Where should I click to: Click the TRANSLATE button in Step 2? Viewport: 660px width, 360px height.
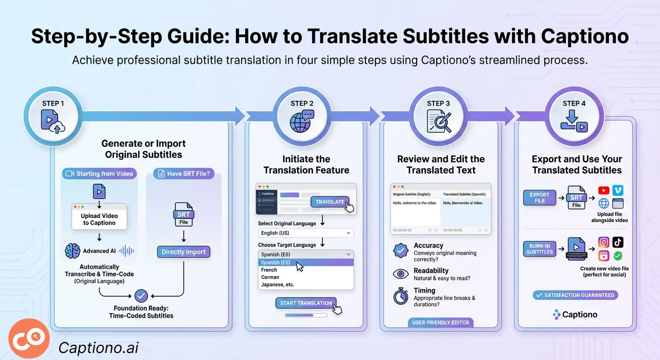(x=330, y=202)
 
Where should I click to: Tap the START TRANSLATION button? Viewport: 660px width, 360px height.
(x=306, y=303)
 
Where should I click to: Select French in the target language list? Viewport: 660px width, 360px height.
(x=269, y=270)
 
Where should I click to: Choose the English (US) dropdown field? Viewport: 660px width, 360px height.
(x=306, y=233)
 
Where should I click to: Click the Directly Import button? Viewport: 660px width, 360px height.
(x=183, y=252)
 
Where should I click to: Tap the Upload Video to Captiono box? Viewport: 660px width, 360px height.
(x=99, y=219)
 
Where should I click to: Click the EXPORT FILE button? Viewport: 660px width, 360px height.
(x=539, y=198)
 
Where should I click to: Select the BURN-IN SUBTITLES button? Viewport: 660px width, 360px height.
(x=539, y=248)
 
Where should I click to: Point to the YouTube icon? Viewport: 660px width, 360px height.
(x=604, y=190)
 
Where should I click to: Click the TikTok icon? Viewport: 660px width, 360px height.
(x=618, y=242)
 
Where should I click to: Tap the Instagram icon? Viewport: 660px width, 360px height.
(x=604, y=242)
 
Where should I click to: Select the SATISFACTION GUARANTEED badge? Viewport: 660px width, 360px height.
(x=575, y=295)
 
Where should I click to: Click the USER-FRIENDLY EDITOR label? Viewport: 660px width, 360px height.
(x=441, y=322)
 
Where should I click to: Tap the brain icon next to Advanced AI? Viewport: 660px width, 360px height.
(x=72, y=251)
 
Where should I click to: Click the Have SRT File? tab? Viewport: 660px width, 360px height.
(x=184, y=174)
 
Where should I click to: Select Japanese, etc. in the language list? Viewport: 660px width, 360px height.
(x=278, y=285)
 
